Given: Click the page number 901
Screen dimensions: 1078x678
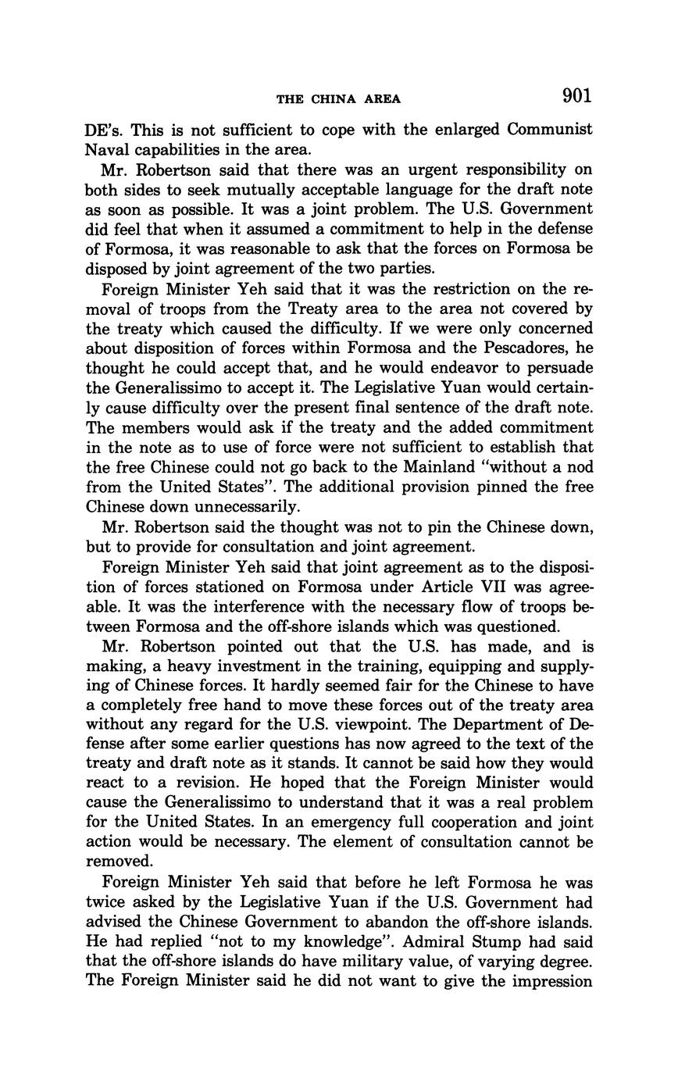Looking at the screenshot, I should coord(576,96).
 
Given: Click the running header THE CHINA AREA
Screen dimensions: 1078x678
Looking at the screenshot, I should coord(338,99).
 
